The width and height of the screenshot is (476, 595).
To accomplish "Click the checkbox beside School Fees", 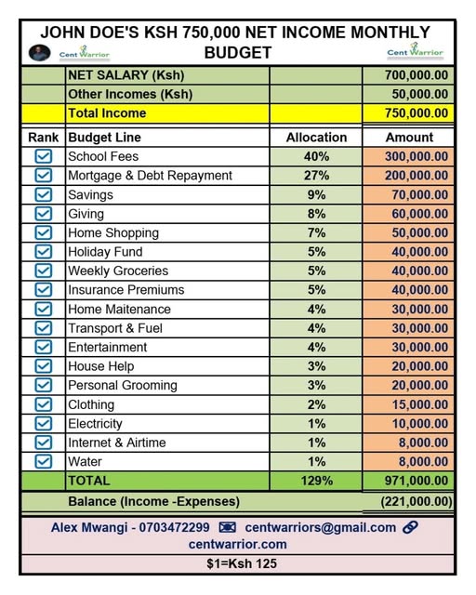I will [43, 156].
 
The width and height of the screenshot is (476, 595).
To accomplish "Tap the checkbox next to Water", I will [43, 461].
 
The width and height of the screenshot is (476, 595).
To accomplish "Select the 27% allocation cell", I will [316, 176].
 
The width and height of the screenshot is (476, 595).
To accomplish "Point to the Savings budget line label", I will [90, 194].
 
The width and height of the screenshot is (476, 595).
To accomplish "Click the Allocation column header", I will [316, 137].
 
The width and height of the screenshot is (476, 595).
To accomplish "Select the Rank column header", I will [44, 137].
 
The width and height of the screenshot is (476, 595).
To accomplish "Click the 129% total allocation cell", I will [316, 481].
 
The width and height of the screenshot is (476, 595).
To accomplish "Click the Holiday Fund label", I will [104, 251].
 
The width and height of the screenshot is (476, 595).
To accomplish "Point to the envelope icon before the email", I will [227, 527].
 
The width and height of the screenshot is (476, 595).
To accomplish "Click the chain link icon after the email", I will [410, 527].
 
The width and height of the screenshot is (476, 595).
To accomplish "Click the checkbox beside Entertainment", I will [43, 347].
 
